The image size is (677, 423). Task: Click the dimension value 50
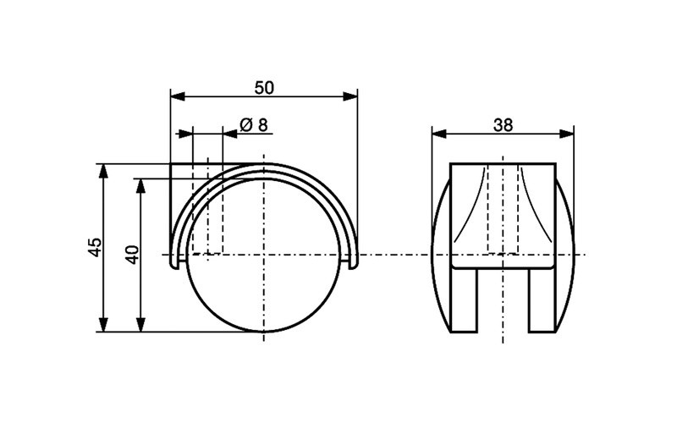(263, 86)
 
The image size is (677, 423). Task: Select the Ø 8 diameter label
(254, 124)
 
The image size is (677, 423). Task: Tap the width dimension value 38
(503, 124)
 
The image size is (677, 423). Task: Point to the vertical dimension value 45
(95, 247)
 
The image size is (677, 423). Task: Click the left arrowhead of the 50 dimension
(175, 96)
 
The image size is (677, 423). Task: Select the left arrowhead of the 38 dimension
(438, 134)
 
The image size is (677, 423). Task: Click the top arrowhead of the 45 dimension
(104, 168)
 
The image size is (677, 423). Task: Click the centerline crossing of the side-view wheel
(264, 254)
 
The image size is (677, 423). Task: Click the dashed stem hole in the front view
(503, 207)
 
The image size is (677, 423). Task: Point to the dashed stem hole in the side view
(207, 207)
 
